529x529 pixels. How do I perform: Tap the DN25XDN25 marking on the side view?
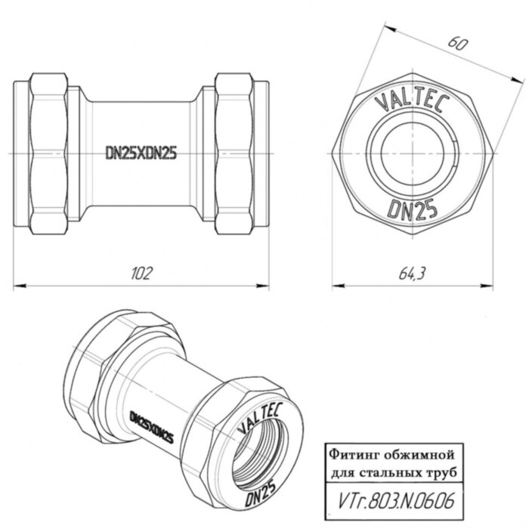(141, 153)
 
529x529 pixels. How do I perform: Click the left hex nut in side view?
(47, 153)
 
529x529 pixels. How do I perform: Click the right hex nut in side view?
(234, 153)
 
